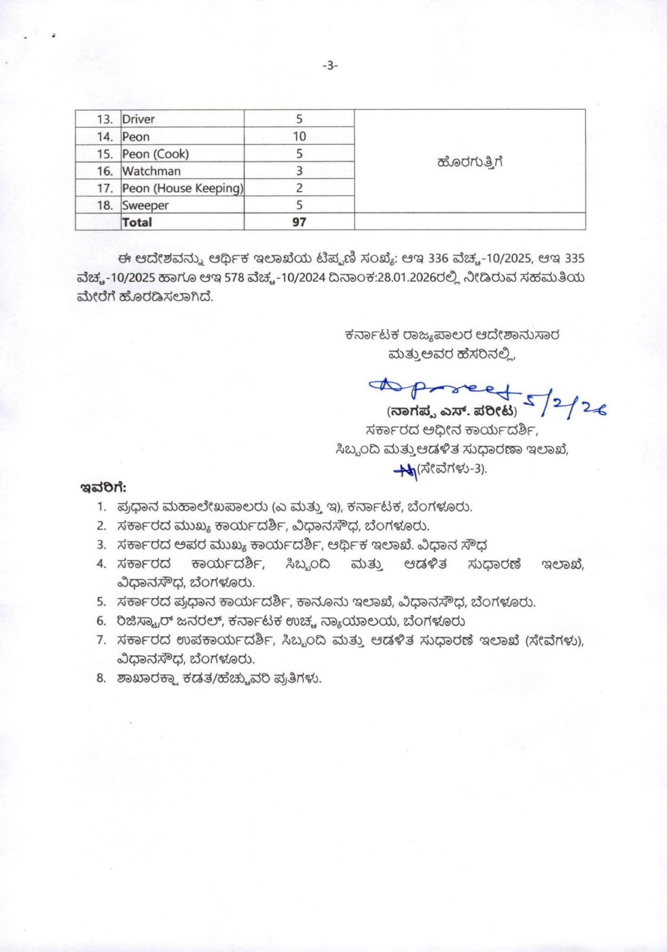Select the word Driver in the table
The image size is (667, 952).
(138, 119)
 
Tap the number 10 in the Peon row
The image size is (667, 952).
(299, 136)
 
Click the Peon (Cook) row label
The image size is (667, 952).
(155, 154)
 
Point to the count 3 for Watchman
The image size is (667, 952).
(299, 171)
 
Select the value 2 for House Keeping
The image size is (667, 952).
(299, 188)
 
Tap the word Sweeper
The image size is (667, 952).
(145, 205)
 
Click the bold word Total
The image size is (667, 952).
(137, 222)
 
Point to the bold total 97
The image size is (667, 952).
(299, 222)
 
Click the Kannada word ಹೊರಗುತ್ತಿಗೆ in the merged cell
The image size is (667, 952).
(470, 162)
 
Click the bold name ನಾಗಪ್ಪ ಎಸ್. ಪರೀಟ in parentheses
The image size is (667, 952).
(452, 412)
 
